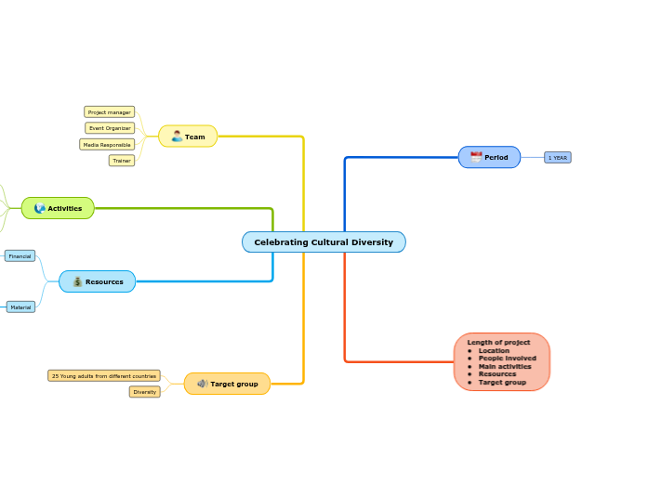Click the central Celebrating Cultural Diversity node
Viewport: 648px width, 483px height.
pos(324,242)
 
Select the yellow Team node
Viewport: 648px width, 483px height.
pos(188,137)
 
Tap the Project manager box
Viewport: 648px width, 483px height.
pos(109,112)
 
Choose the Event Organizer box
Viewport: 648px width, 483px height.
pos(110,128)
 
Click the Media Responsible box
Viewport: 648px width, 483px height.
pos(107,145)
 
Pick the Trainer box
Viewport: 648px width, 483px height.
pos(121,161)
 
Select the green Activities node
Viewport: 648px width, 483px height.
pos(58,208)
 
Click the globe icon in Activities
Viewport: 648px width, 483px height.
pos(39,208)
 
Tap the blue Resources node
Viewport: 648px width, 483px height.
pos(98,281)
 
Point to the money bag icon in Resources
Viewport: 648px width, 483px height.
pos(77,281)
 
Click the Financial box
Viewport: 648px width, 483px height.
pos(20,255)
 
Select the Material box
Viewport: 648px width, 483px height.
pos(20,307)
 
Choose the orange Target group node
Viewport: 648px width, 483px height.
pos(227,384)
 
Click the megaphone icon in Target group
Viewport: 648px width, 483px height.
pos(202,384)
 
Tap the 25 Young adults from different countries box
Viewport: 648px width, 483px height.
pos(104,376)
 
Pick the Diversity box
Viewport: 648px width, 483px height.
pos(144,392)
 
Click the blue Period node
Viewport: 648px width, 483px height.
pos(489,157)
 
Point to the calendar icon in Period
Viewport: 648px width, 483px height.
pos(476,157)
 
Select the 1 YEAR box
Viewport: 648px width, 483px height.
pos(557,158)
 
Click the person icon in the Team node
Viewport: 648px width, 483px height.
pos(177,137)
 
